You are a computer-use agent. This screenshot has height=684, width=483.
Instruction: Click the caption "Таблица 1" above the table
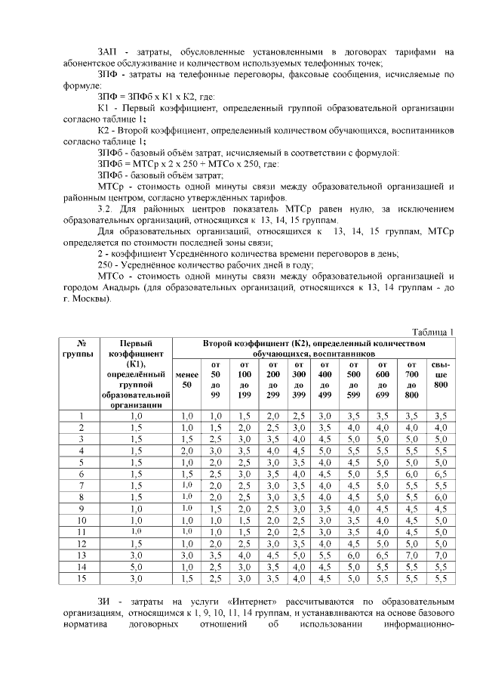pyautogui.click(x=432, y=332)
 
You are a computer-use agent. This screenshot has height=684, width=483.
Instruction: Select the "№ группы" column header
pyautogui.click(x=82, y=348)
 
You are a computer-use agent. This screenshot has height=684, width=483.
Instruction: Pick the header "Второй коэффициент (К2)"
pyautogui.click(x=314, y=348)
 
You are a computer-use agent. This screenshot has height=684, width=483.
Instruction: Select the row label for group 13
pyautogui.click(x=82, y=555)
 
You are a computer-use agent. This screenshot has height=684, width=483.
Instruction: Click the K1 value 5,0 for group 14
pyautogui.click(x=136, y=566)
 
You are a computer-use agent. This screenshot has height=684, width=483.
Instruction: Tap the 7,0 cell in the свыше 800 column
pyautogui.click(x=441, y=555)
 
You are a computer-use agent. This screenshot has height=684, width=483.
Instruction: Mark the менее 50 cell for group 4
pyautogui.click(x=186, y=450)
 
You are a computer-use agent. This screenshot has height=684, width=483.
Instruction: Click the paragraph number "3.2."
pyautogui.click(x=107, y=208)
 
